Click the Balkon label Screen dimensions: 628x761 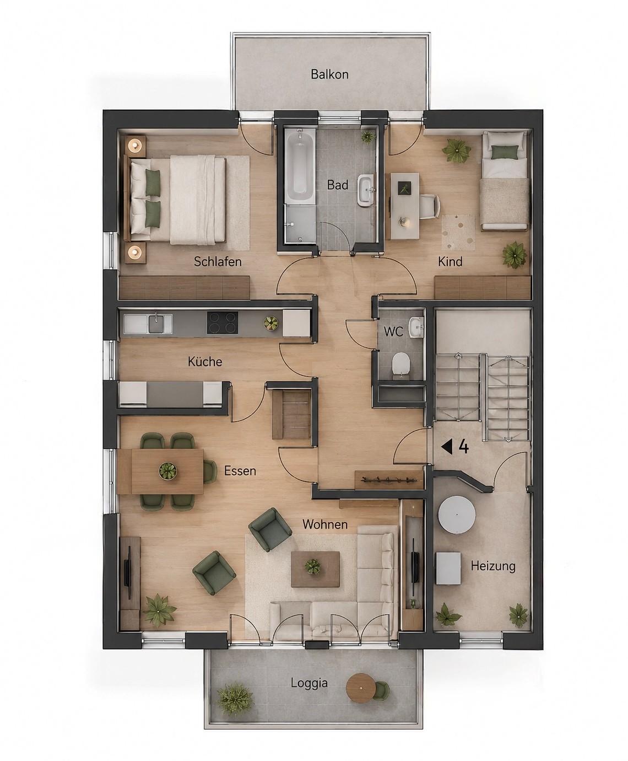tap(329, 74)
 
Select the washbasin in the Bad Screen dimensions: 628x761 tap(366, 190)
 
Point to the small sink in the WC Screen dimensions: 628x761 tap(416, 326)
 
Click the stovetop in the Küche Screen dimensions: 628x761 tap(223, 323)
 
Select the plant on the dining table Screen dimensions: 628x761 tap(168, 470)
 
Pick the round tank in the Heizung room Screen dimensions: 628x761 tap(457, 515)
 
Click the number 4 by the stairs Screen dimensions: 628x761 tap(463, 447)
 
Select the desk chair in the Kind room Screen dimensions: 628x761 tap(430, 206)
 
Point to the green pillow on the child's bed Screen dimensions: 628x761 tap(505, 152)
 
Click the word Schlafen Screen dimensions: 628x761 tap(218, 262)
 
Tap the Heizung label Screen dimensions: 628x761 tap(493, 566)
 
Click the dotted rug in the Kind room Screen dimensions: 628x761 tap(459, 232)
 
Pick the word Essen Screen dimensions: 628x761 tap(240, 471)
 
